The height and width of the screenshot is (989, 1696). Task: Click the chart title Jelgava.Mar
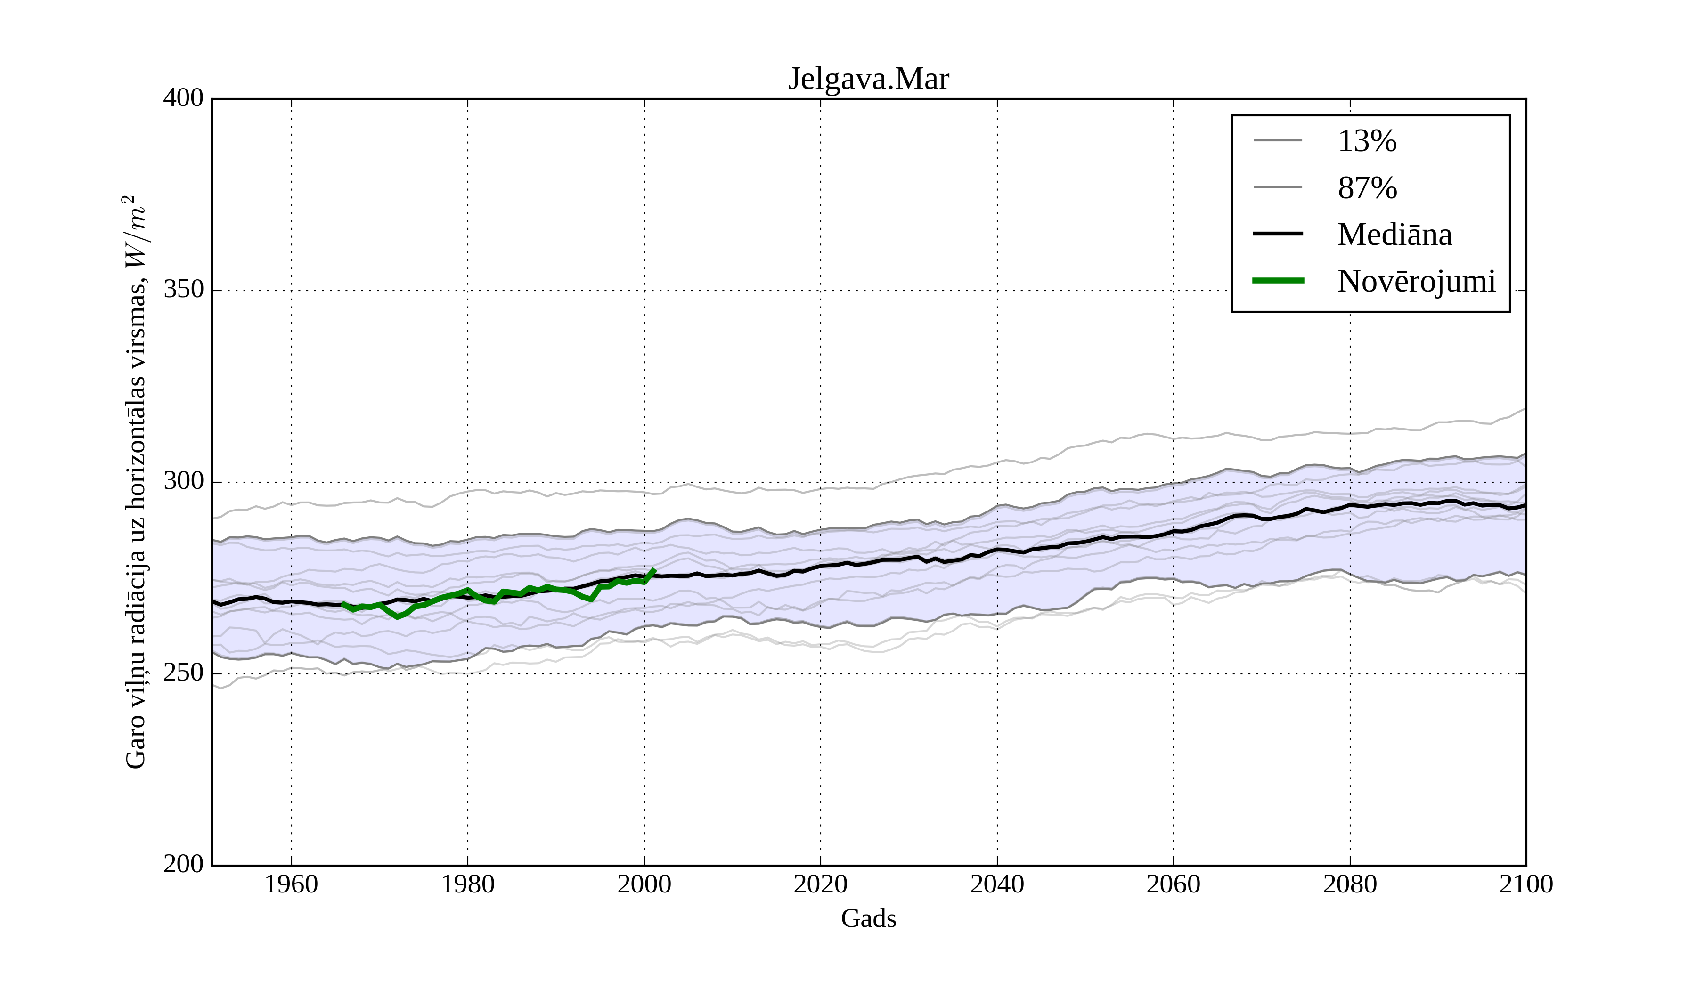pyautogui.click(x=868, y=80)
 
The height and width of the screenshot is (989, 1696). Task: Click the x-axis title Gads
pyautogui.click(x=868, y=919)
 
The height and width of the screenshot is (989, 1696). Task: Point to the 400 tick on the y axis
pyautogui.click(x=183, y=98)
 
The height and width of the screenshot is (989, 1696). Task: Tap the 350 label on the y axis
pyautogui.click(x=183, y=290)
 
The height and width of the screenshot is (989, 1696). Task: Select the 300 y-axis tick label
pyautogui.click(x=183, y=482)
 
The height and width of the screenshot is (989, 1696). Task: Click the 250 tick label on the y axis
pyautogui.click(x=183, y=673)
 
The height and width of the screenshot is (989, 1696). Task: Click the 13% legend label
pyautogui.click(x=1367, y=141)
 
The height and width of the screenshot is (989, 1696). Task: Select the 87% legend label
pyautogui.click(x=1367, y=188)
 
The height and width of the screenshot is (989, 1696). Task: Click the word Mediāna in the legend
pyautogui.click(x=1394, y=235)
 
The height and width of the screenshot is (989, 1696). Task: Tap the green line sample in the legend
pyautogui.click(x=1278, y=281)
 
